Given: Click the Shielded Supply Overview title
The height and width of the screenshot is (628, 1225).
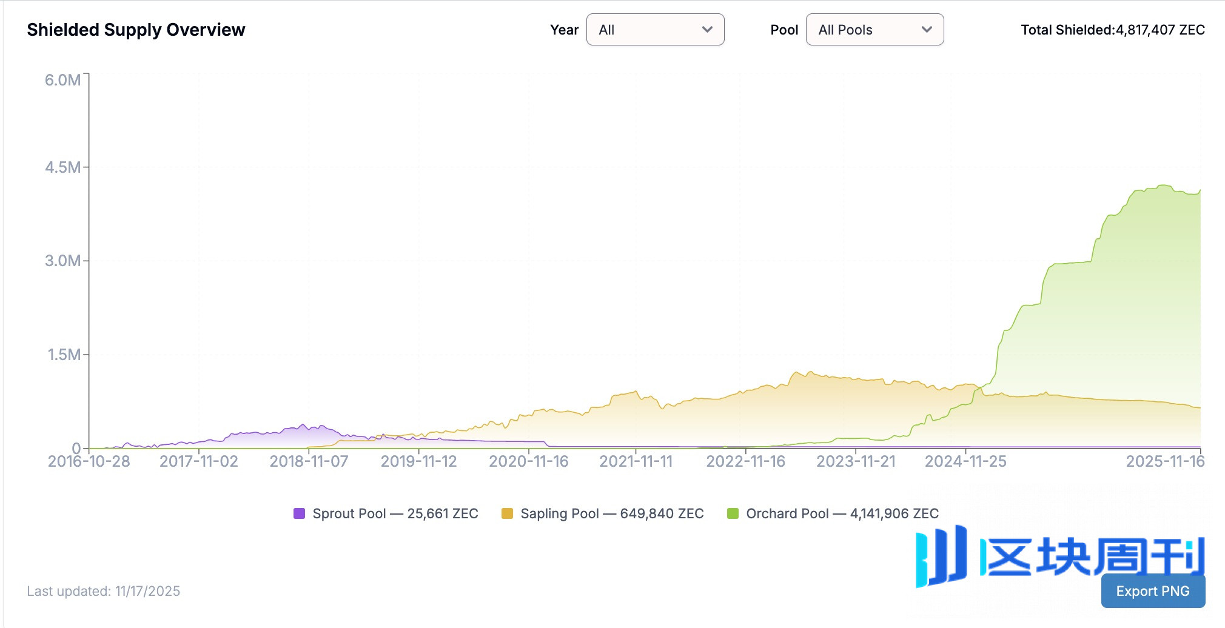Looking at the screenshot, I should tap(136, 30).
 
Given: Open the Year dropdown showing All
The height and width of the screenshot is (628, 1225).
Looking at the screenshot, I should tap(655, 30).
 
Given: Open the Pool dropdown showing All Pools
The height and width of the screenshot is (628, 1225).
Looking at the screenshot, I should tap(874, 30).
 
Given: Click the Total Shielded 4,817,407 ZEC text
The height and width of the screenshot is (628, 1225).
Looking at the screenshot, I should tap(1112, 30).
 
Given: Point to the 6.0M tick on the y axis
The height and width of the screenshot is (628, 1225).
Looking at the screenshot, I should tap(62, 80).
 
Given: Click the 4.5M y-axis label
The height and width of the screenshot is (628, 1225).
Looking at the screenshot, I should tap(62, 167).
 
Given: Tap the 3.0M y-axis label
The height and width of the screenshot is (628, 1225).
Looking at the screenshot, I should tap(62, 261).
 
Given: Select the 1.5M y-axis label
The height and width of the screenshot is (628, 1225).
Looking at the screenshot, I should tap(64, 355).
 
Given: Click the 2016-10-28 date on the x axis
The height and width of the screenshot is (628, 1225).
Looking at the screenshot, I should tap(89, 461).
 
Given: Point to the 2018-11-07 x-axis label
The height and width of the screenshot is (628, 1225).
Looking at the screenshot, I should tap(309, 461).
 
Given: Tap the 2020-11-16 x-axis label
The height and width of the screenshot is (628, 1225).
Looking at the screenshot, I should tap(528, 461).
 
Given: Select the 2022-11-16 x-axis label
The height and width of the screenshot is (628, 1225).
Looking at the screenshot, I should tap(745, 461).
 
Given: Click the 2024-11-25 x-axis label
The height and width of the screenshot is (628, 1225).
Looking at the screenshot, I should tap(965, 461).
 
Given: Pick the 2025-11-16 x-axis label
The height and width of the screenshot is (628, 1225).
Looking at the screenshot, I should tap(1165, 461).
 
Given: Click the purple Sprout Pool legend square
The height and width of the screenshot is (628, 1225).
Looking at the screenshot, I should tap(299, 513).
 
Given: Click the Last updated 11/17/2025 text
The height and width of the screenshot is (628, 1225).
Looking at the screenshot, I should tap(103, 591).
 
